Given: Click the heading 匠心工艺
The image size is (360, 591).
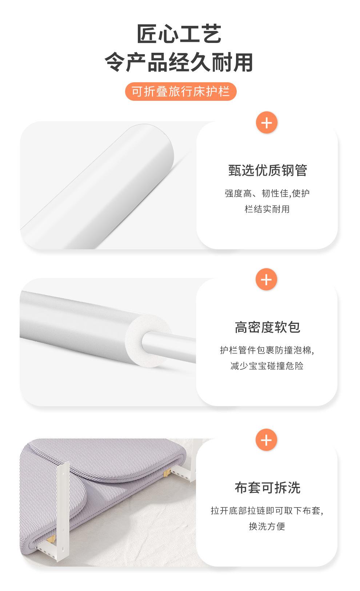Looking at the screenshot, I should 179,34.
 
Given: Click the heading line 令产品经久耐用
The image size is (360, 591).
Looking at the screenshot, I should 179,62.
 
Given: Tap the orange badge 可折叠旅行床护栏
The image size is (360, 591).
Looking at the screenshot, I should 181,92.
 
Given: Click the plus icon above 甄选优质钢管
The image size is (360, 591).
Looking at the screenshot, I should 267,123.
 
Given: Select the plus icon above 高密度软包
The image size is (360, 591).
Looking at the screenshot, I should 267,279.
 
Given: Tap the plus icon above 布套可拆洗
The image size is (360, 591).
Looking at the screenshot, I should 267,440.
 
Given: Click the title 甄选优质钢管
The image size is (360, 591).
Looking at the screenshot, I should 268,170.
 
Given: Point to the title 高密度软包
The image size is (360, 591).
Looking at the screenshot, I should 267,327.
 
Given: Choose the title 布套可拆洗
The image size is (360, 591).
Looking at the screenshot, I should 267,488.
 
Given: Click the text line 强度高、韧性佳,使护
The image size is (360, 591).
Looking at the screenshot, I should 267,193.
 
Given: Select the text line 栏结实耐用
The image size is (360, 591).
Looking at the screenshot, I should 267,209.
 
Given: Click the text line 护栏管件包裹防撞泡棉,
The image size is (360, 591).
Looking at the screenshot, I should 267,350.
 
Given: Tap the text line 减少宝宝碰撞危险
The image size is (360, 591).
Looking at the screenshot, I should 267,366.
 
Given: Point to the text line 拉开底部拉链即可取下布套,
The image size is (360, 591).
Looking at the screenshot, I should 267,511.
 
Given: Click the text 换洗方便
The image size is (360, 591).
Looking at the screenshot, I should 267,526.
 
